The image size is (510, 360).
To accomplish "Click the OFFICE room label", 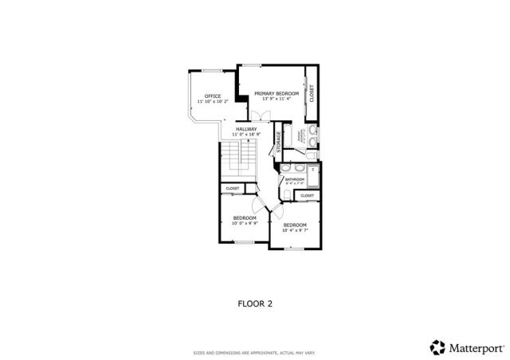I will click(x=213, y=96).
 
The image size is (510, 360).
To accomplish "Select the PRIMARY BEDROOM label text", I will click(x=272, y=93).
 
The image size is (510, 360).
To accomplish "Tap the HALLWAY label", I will click(x=245, y=129).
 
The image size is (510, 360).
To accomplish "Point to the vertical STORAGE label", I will click(x=279, y=142).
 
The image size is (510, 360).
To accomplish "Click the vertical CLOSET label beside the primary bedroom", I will click(x=312, y=93).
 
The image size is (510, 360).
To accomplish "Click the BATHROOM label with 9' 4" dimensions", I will click(x=295, y=180).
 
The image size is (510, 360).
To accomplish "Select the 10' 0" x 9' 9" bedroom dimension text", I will click(x=245, y=224).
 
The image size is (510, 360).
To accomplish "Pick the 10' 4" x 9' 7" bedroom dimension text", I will click(x=295, y=231).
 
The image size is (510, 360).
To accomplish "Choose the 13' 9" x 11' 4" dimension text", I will click(x=272, y=99).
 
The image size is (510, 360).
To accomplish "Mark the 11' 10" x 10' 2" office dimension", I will click(x=213, y=102).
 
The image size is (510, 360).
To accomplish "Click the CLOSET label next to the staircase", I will click(x=233, y=189).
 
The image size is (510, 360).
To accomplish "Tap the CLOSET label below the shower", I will click(x=307, y=195).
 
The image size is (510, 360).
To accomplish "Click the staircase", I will click(x=237, y=162).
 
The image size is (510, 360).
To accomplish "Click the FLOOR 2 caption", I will click(x=256, y=303).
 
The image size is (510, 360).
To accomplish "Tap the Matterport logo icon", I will click(x=437, y=346).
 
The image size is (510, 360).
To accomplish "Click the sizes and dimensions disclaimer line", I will click(x=255, y=352).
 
